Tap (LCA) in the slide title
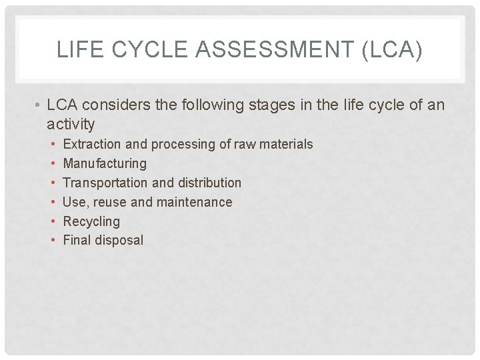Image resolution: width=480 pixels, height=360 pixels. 393,50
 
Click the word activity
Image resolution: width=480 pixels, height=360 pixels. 71,123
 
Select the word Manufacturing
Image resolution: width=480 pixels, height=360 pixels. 105,163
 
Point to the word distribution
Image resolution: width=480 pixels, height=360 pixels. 211,183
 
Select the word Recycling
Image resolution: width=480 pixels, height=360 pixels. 91,221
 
